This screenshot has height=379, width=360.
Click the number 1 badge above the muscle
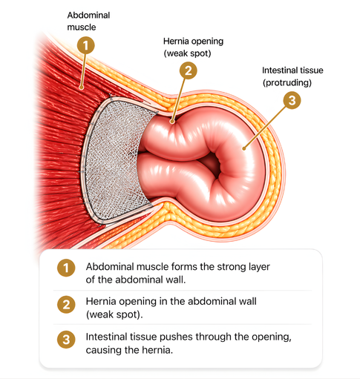(x=85, y=45)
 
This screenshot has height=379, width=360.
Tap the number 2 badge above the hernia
(x=189, y=70)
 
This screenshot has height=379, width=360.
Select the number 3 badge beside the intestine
(x=292, y=100)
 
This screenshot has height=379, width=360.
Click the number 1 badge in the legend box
(x=66, y=268)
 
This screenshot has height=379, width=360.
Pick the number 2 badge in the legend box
(x=66, y=304)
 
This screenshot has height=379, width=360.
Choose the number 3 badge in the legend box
(x=66, y=340)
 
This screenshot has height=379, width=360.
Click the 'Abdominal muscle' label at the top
(x=88, y=21)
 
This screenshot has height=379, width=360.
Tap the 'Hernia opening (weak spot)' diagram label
(x=193, y=47)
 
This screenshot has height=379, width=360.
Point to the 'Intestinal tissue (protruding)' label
(x=292, y=76)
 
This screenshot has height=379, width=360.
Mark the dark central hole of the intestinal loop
(x=213, y=165)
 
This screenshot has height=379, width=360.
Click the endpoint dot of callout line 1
(x=81, y=88)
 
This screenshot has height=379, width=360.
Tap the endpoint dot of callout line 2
(x=172, y=122)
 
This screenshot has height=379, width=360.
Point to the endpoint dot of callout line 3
(x=244, y=148)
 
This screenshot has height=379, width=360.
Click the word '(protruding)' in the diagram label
(x=287, y=82)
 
